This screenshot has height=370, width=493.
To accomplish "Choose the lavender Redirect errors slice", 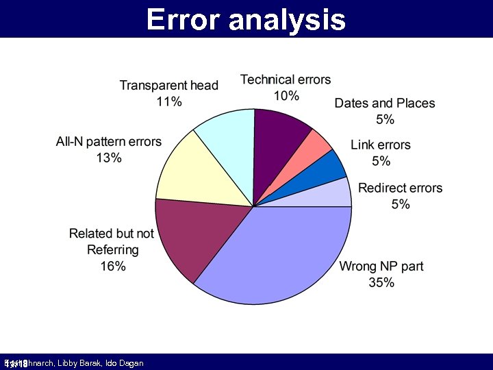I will click(x=336, y=194).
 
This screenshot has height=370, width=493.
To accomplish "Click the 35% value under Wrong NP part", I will click(x=381, y=282).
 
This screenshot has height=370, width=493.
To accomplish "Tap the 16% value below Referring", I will click(x=113, y=267).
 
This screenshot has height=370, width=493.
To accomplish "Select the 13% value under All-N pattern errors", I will click(x=109, y=158).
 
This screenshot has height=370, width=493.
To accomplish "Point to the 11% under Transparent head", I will click(x=169, y=101).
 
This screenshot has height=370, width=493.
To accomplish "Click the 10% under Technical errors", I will click(x=286, y=96).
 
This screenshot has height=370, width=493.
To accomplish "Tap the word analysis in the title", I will click(x=288, y=19).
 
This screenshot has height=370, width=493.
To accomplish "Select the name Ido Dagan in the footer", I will click(x=126, y=363).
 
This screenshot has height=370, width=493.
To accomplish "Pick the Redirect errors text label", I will click(x=401, y=188).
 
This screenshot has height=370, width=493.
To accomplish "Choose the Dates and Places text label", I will click(x=385, y=103).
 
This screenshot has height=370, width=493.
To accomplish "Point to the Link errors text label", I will click(x=381, y=145).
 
